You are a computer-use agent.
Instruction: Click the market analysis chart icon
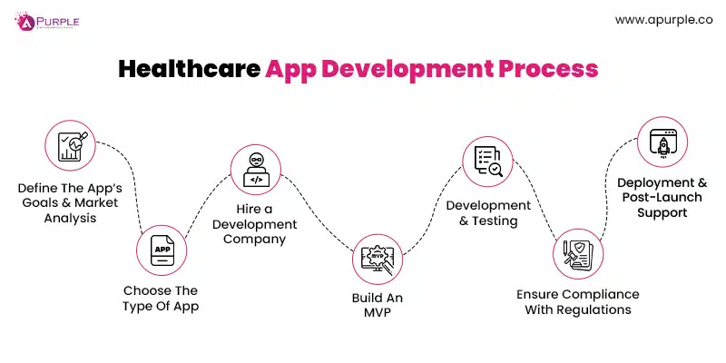click(x=70, y=145)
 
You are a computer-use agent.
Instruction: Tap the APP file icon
click(x=162, y=249)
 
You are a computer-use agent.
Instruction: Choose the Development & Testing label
click(x=488, y=213)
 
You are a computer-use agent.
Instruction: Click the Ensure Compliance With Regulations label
click(x=578, y=302)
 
